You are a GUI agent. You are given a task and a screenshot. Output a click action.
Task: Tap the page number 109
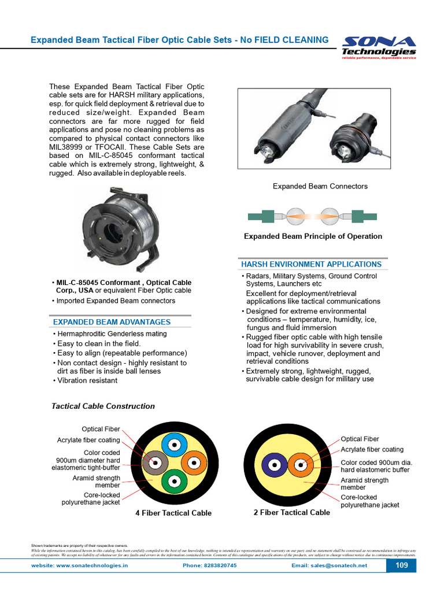coord(401,565)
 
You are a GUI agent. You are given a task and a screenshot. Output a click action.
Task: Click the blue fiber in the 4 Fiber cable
coord(172,445)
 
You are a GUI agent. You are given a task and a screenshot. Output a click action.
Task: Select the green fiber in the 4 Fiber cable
coord(173,481)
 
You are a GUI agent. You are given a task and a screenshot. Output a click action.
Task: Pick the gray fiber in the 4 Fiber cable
coord(154,463)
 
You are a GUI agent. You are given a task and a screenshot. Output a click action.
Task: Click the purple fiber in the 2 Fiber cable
coord(274,465)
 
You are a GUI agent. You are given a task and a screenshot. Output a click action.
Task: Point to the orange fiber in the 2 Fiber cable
coord(301,465)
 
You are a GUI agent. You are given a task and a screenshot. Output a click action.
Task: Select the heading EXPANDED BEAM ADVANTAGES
coord(112,322)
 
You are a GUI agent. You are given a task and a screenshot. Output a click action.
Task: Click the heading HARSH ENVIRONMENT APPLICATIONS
coord(311,264)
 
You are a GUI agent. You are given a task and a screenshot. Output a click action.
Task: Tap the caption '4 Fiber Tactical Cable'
coord(173,513)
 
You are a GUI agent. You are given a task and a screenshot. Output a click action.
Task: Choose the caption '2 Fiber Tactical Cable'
coord(292,512)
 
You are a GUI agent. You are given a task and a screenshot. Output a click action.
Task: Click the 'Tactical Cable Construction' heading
coord(103,406)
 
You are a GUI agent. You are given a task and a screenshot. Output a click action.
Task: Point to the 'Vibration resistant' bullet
coord(87,380)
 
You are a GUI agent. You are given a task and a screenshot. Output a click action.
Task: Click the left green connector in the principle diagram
coord(262,217)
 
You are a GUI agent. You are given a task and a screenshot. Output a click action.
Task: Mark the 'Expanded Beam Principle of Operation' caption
coord(313,236)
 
